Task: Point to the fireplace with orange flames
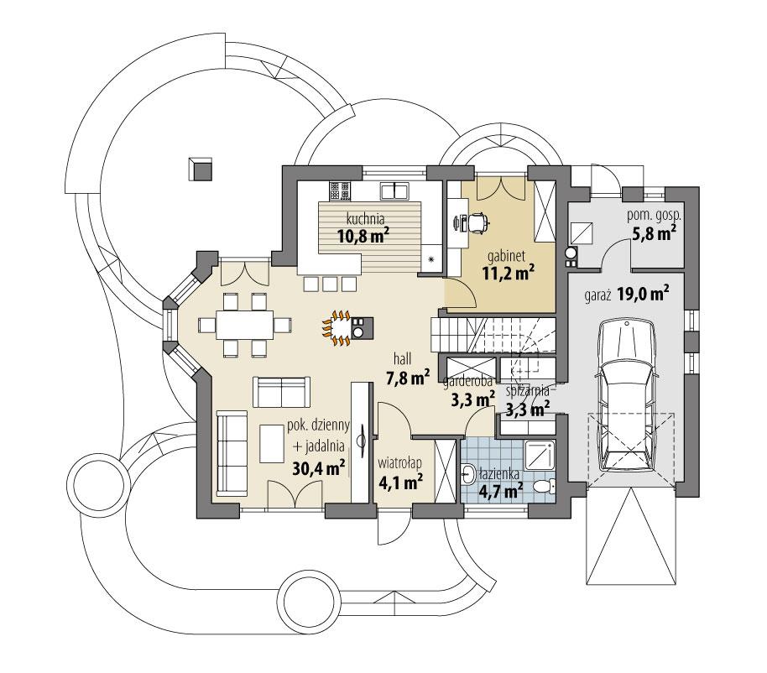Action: pyautogui.click(x=342, y=327)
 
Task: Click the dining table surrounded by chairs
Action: pyautogui.click(x=244, y=323)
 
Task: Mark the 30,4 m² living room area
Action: pyautogui.click(x=319, y=468)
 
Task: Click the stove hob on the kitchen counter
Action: pyautogui.click(x=339, y=190)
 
